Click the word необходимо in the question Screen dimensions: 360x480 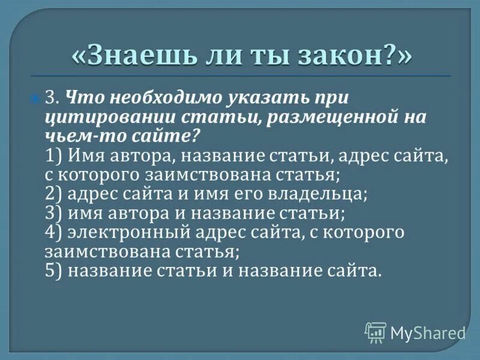pyautogui.click(x=150, y=97)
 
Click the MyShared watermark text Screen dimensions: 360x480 pyautogui.click(x=428, y=332)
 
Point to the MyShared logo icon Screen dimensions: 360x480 pyautogui.click(x=376, y=332)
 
